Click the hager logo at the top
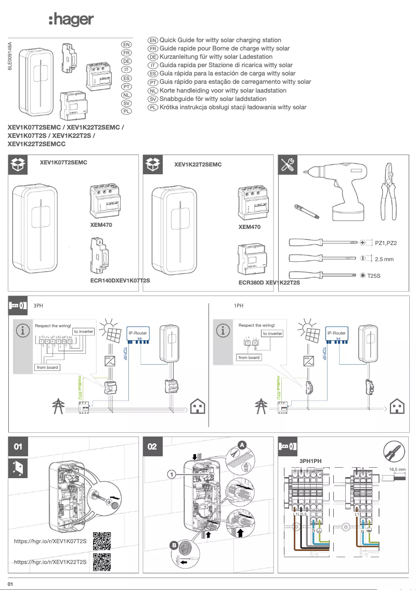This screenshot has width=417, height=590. (x=71, y=20)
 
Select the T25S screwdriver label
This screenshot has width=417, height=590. (x=374, y=275)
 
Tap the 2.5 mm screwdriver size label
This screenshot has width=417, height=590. (x=384, y=259)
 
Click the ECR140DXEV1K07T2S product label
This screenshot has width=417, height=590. (x=120, y=280)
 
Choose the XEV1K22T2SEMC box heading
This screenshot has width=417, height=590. (x=198, y=164)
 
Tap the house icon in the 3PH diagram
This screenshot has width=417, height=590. (x=198, y=406)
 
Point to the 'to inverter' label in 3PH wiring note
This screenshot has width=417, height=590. (x=83, y=331)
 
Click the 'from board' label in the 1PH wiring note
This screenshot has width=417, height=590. (x=249, y=357)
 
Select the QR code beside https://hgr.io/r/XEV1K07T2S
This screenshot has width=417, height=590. (x=101, y=541)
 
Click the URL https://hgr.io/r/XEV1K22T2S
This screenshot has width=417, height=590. (x=50, y=562)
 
